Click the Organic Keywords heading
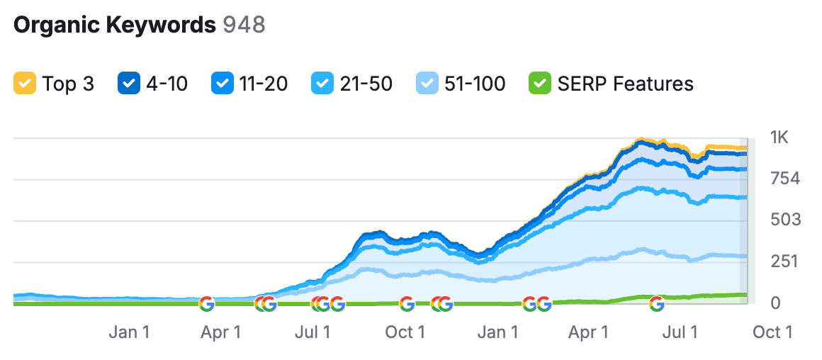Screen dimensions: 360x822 (x=114, y=25)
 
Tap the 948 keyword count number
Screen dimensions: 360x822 (x=244, y=25)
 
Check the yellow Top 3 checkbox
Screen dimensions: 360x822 (x=24, y=84)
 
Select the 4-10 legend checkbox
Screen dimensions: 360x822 (x=128, y=84)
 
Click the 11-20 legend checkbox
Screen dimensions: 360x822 (x=222, y=84)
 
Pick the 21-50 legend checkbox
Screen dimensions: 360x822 (x=322, y=84)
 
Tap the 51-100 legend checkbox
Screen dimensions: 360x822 (x=427, y=84)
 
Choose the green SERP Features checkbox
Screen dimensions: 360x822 (x=539, y=84)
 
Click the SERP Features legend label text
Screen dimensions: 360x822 (x=625, y=84)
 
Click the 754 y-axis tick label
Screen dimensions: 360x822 (x=784, y=179)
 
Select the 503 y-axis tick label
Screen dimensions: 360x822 (x=784, y=220)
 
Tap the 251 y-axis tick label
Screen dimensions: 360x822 (x=784, y=261)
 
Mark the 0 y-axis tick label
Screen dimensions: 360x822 (x=776, y=303)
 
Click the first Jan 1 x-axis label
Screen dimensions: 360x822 (x=129, y=332)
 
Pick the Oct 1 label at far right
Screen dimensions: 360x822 (x=772, y=332)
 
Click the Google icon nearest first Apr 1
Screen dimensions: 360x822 (x=206, y=304)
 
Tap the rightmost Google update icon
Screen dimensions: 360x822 (x=657, y=304)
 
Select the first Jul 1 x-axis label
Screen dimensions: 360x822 (x=313, y=332)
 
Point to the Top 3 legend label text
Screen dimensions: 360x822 (x=68, y=84)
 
